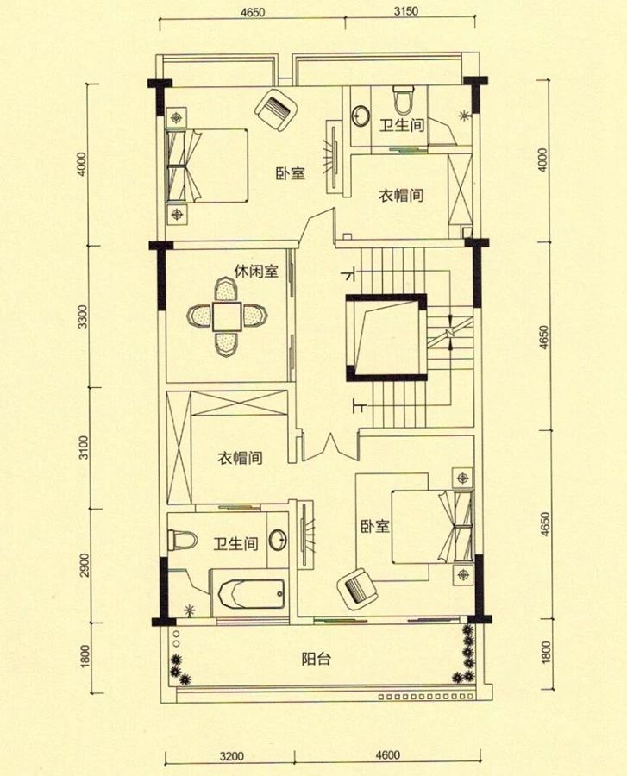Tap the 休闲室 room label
pyautogui.click(x=255, y=272)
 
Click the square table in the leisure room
pyautogui.click(x=228, y=316)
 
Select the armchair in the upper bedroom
pyautogui.click(x=278, y=110)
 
